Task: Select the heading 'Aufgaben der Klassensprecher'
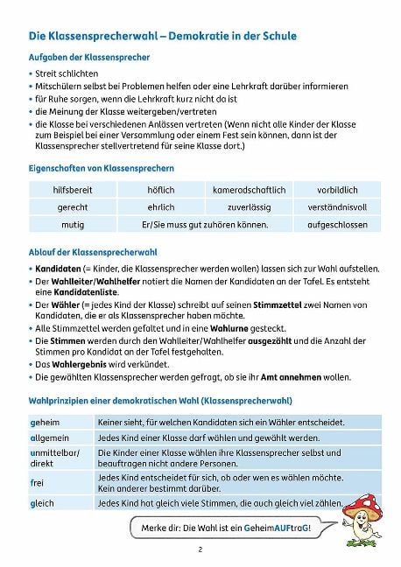pos(89,57)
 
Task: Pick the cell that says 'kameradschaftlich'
pos(249,189)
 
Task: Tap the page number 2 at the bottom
pos(200,550)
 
